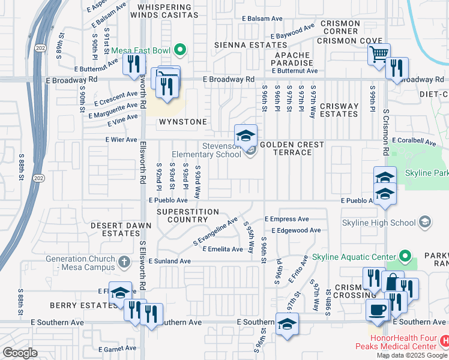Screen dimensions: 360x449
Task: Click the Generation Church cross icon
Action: [x=124, y=262]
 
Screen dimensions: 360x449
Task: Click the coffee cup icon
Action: [x=377, y=310]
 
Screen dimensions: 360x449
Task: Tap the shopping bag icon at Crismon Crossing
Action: [x=392, y=283]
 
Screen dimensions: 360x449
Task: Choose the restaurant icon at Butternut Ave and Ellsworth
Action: [x=134, y=64]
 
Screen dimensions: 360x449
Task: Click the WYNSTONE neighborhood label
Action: [x=182, y=122]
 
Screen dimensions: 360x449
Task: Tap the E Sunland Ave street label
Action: [x=169, y=261]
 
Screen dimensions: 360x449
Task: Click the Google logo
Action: [x=20, y=353]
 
